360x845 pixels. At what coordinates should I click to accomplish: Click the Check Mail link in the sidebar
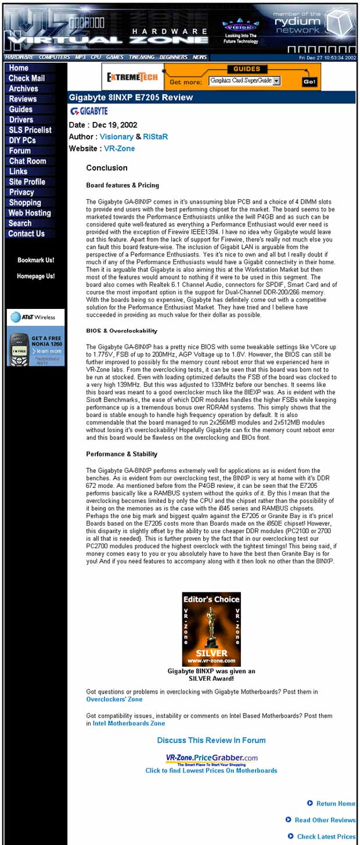[x=26, y=78]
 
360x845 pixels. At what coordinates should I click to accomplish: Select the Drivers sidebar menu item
[x=21, y=120]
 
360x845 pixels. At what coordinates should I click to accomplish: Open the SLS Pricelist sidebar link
[x=30, y=130]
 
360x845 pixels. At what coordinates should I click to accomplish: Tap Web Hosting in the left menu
[x=30, y=213]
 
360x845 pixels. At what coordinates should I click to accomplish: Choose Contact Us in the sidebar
[x=26, y=234]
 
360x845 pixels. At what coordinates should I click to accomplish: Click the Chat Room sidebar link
[x=27, y=161]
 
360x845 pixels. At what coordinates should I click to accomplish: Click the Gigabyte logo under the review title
[x=89, y=111]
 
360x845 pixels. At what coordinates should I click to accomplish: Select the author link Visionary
[x=116, y=136]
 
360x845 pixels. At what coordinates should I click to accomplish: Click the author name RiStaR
[x=156, y=136]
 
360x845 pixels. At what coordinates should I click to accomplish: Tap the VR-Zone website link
[x=119, y=149]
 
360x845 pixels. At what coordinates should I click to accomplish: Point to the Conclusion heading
[x=106, y=168]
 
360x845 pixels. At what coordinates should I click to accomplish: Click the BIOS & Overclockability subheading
[x=121, y=330]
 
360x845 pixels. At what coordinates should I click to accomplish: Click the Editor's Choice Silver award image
[x=211, y=629]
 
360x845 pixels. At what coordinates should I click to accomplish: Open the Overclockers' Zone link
[x=114, y=699]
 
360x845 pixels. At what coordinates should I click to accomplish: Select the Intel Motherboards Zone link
[x=128, y=723]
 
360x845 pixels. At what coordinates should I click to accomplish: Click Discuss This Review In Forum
[x=211, y=740]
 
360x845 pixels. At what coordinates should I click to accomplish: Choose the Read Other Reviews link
[x=325, y=820]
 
